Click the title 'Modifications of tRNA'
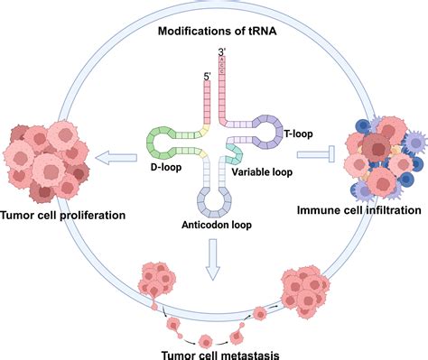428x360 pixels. pyautogui.click(x=217, y=31)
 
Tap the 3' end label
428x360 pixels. pyautogui.click(x=222, y=51)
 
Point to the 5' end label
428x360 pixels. pyautogui.click(x=207, y=77)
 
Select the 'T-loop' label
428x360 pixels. pyautogui.click(x=298, y=134)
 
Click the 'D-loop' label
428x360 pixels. pyautogui.click(x=166, y=167)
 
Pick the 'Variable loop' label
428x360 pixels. pyautogui.click(x=262, y=172)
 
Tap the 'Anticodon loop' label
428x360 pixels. pyautogui.click(x=217, y=225)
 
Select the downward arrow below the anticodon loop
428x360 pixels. pyautogui.click(x=213, y=260)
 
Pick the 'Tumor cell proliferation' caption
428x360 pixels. pyautogui.click(x=63, y=216)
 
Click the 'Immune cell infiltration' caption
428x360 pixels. pyautogui.click(x=359, y=210)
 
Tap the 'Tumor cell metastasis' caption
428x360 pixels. pyautogui.click(x=220, y=355)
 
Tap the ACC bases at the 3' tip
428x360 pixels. pyautogui.click(x=222, y=65)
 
